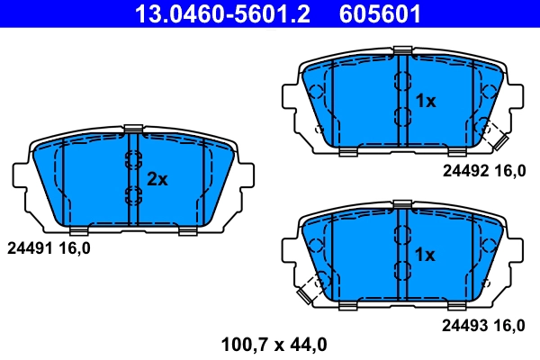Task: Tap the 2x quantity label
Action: pyautogui.click(x=157, y=179)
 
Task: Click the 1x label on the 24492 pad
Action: pyautogui.click(x=425, y=102)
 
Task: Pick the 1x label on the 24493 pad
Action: pyautogui.click(x=425, y=256)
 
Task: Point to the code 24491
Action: pyautogui.click(x=27, y=246)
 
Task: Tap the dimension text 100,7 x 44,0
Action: pyautogui.click(x=274, y=343)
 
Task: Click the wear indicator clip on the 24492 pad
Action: pyautogui.click(x=493, y=135)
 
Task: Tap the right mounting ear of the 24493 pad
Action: pyautogui.click(x=513, y=254)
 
